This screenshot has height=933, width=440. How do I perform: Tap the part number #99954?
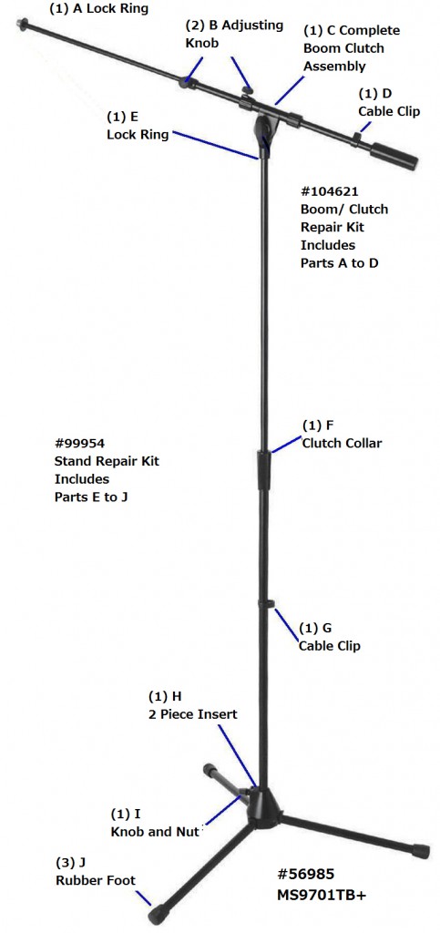[x=79, y=443]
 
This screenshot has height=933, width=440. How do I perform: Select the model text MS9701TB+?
[x=321, y=894]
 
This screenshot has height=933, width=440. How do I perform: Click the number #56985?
[x=305, y=874]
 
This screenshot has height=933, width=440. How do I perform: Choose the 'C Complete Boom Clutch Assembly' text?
[x=352, y=48]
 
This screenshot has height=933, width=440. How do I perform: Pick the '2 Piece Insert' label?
[x=192, y=714]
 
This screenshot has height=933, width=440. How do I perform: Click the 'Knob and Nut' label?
[x=155, y=832]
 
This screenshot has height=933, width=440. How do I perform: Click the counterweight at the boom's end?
[x=394, y=156]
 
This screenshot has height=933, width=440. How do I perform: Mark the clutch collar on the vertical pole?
[x=264, y=470]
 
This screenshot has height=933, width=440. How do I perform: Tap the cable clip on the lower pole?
[x=266, y=605]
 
